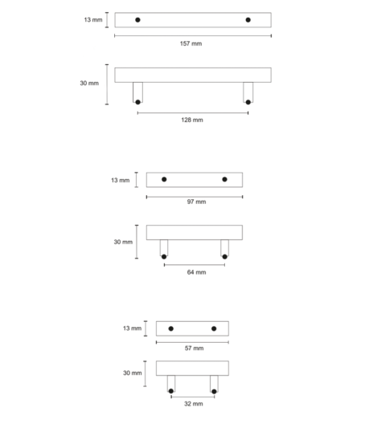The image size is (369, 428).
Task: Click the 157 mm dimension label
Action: coord(191,43)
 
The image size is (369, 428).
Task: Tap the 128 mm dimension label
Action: coord(192,120)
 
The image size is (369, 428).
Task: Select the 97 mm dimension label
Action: coord(196,202)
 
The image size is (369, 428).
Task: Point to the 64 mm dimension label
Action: coord(196,272)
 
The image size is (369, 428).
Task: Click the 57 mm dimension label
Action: coord(194,348)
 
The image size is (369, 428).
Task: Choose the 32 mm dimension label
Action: coord(194,404)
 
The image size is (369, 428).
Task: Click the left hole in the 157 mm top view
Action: coord(137,19)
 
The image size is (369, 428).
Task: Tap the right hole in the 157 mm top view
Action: coord(248,19)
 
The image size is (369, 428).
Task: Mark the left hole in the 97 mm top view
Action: coord(164,179)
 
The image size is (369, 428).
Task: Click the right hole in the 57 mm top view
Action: coord(214,328)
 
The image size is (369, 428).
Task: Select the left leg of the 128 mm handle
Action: coord(137,92)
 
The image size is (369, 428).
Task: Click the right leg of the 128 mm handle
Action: coord(248,92)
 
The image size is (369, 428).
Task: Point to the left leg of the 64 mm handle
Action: coord(164,248)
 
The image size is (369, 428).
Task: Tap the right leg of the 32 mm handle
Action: coord(214,384)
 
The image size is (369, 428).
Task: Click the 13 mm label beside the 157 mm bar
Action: coord(93,19)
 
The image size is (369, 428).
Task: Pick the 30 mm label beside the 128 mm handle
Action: coord(89,83)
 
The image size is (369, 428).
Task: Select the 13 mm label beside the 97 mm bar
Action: coord(121,180)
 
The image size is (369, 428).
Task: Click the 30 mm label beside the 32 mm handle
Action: coord(133,373)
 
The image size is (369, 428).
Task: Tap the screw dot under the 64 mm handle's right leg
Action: coord(224,257)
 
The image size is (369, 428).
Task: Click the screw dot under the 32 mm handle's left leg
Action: coord(171,391)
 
